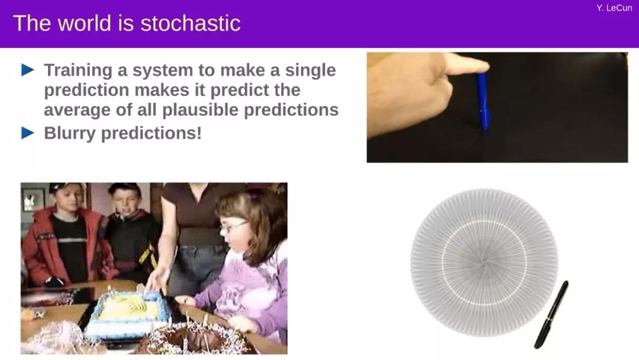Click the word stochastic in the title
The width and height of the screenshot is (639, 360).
(191, 23)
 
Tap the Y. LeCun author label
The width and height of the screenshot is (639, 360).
(614, 8)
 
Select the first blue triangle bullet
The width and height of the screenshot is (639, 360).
(28, 70)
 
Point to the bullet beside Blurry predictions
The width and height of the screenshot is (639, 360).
(28, 133)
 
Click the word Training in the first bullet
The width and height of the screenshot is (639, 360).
(78, 70)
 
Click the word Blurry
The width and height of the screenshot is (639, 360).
(70, 133)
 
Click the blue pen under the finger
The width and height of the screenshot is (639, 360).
(483, 101)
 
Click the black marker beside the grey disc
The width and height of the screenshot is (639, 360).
(551, 314)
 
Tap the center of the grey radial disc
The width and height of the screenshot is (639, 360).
(484, 262)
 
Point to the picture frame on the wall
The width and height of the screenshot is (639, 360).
(34, 200)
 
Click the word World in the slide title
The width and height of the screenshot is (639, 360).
(85, 23)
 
